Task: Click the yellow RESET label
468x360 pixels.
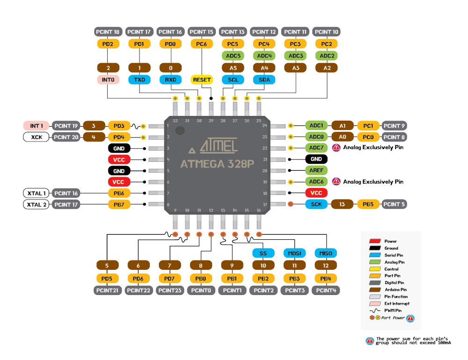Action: click(x=202, y=79)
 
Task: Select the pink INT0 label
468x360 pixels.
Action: click(x=108, y=79)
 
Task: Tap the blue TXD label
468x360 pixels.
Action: click(x=139, y=79)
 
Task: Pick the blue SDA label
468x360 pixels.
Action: click(x=264, y=79)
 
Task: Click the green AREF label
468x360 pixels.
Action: click(x=316, y=170)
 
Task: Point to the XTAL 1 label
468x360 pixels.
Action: click(x=36, y=193)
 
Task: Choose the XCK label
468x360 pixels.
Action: click(x=36, y=137)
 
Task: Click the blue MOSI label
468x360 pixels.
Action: click(x=294, y=253)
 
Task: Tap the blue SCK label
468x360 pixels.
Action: click(x=316, y=204)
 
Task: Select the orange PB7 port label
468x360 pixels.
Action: click(x=119, y=204)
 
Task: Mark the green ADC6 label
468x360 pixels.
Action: click(x=316, y=181)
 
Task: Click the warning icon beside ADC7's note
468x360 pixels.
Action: click(x=336, y=147)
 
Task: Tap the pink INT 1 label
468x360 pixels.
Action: click(x=36, y=126)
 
